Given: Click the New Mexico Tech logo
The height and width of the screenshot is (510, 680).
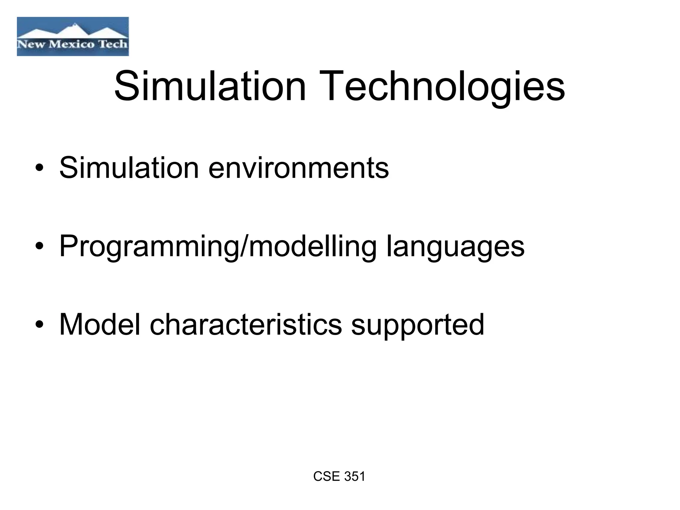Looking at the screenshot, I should pos(73,37).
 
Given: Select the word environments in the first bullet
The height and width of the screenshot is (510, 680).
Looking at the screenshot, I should pos(298,168).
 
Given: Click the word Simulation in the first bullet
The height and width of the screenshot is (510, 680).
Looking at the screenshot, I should pos(129,167).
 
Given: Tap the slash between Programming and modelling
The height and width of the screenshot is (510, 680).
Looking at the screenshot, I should pos(244,246).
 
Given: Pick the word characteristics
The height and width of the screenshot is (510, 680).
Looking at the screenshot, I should pos(246,324).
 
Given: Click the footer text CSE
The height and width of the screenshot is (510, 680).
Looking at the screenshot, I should pos(326,476).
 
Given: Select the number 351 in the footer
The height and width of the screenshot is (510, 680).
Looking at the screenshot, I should pos(354,476).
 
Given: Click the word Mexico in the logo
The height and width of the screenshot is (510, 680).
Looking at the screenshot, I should pos(71,44).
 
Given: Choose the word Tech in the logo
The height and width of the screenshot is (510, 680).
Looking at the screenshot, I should pos(113,44).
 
